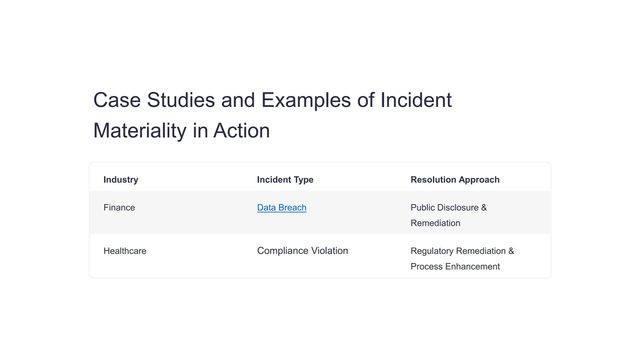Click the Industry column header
[x=121, y=180]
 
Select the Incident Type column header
[x=285, y=180]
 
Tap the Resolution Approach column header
[x=455, y=180]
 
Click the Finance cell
[x=119, y=207]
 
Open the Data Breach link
[x=282, y=207]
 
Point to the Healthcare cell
[x=125, y=251]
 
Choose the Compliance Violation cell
[x=302, y=251]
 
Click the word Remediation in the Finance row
[x=435, y=223]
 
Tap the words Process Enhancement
[x=455, y=267]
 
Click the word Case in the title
[x=117, y=100]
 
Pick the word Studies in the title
[x=181, y=100]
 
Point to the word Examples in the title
[x=306, y=100]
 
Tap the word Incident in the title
[x=416, y=100]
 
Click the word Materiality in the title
[x=140, y=131]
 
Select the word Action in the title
[x=241, y=131]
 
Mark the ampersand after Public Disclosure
[x=484, y=207]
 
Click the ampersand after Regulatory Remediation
[x=511, y=251]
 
